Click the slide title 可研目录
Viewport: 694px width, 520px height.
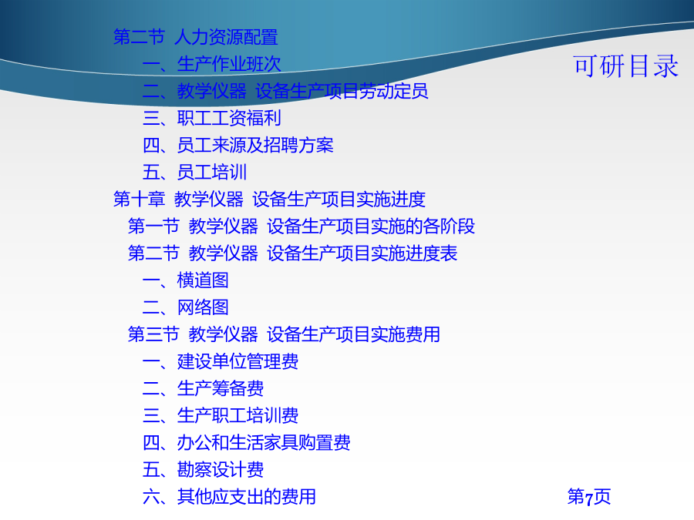tap(625, 66)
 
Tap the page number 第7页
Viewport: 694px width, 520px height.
tap(588, 497)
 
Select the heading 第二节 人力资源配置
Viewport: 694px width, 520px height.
tap(196, 37)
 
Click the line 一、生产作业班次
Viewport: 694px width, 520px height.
tap(211, 64)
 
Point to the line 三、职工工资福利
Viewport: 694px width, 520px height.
tap(211, 118)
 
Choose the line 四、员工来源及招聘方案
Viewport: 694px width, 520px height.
tap(238, 145)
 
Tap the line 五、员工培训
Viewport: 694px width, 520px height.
tap(194, 172)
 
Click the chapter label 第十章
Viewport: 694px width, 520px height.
tap(140, 199)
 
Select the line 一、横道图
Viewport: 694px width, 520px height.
tap(185, 280)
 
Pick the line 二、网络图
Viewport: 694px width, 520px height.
tap(185, 307)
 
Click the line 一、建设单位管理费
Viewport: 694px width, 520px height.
tap(221, 361)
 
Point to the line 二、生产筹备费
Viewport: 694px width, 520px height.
tap(203, 388)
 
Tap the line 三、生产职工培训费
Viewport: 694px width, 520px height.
tap(221, 415)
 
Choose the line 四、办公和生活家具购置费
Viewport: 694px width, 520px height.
tap(247, 442)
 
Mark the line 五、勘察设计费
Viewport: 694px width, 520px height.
tap(203, 469)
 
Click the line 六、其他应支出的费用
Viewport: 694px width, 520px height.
tap(229, 497)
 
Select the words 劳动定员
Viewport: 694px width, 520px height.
tap(393, 91)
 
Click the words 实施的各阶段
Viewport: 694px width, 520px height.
tap(423, 226)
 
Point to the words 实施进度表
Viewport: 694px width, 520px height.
tap(414, 253)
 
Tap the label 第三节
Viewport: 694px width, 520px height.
tap(153, 334)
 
